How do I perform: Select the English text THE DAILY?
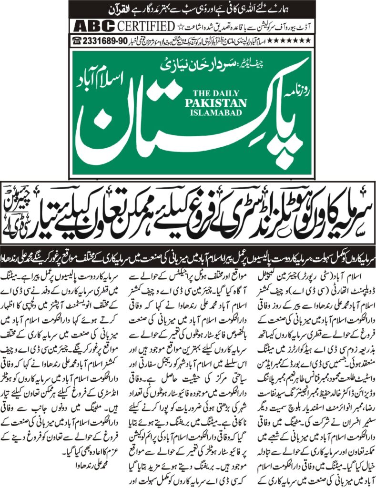pyautogui.click(x=219, y=94)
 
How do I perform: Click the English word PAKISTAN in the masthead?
pyautogui.click(x=220, y=103)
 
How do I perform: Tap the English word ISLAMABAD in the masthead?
pyautogui.click(x=220, y=113)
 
